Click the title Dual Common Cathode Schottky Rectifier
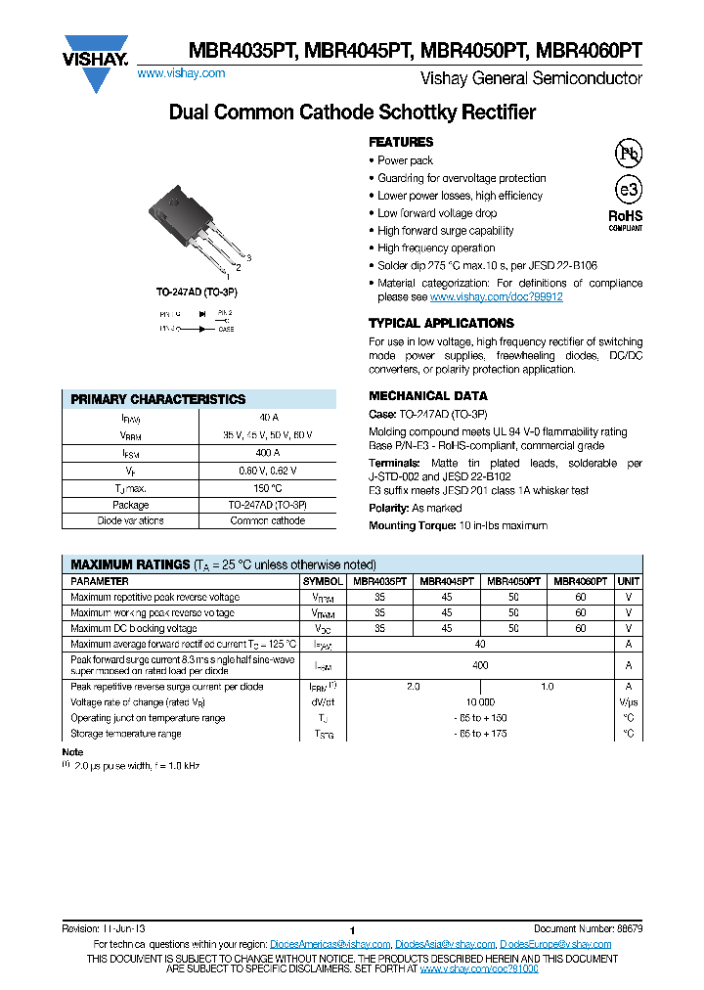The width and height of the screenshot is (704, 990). click(352, 112)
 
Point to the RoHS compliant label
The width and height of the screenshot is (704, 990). click(626, 218)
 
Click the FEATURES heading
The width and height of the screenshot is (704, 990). click(401, 142)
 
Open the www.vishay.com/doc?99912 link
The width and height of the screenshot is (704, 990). click(496, 296)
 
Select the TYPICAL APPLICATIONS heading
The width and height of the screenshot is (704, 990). click(441, 323)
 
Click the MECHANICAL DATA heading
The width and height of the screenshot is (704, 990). click(427, 396)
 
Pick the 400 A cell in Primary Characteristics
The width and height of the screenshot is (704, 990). click(267, 453)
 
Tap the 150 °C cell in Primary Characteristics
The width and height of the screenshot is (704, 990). click(267, 487)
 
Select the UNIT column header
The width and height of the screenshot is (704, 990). click(628, 581)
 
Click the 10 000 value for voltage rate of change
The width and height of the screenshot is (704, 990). click(479, 702)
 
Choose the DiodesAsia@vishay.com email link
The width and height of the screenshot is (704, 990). click(445, 944)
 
